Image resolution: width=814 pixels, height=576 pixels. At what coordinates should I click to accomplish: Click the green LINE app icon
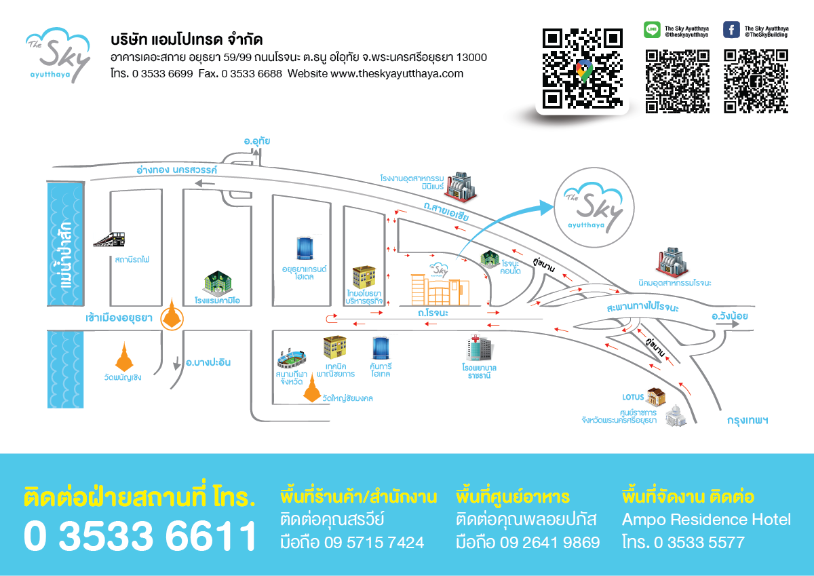(653, 29)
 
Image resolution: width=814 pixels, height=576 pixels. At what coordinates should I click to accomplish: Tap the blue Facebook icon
(731, 29)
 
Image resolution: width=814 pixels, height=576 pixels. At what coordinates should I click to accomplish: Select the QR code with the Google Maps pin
(583, 69)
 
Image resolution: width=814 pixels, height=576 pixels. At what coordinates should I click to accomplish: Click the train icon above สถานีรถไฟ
(109, 239)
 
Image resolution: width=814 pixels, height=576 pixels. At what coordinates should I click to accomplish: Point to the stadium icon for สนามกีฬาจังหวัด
(292, 359)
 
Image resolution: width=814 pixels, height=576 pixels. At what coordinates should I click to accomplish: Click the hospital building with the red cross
(480, 347)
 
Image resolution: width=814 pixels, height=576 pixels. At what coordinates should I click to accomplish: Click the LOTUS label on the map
(633, 397)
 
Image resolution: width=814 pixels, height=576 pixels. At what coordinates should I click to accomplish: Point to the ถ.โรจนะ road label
(433, 313)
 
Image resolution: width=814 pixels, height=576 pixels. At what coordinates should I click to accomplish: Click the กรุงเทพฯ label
(748, 421)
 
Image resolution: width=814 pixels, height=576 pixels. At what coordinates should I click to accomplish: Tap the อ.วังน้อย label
(730, 316)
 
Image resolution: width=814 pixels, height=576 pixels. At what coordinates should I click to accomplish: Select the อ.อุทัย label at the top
(257, 141)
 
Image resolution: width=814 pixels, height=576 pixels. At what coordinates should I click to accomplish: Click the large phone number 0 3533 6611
(140, 536)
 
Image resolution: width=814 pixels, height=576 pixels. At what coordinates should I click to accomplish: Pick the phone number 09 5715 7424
(374, 543)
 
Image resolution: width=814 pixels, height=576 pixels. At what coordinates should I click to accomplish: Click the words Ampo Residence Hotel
(706, 520)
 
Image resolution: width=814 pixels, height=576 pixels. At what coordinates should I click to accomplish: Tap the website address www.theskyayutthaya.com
(397, 74)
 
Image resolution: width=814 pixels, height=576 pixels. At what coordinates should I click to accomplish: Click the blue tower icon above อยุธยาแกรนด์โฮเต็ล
(305, 248)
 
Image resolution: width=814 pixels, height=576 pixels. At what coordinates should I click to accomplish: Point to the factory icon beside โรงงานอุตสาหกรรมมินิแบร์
(461, 186)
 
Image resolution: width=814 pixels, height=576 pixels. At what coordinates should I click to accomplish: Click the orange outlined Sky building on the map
(440, 290)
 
